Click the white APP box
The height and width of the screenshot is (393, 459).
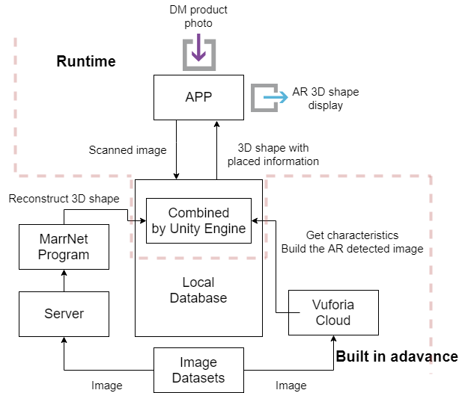click(x=198, y=97)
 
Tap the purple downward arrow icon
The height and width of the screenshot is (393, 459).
click(x=198, y=49)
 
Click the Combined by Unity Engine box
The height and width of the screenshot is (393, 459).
click(x=198, y=221)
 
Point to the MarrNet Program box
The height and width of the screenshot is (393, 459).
click(x=64, y=247)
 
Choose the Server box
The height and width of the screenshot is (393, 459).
click(x=64, y=314)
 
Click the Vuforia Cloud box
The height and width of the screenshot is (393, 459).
click(x=333, y=313)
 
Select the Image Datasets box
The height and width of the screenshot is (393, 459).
click(x=198, y=371)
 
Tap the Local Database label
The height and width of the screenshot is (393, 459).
click(x=198, y=290)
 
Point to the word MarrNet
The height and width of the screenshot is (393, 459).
click(x=64, y=240)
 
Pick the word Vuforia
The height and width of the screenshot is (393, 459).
click(x=333, y=305)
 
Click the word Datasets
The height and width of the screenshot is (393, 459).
click(x=198, y=378)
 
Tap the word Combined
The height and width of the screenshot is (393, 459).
click(x=198, y=213)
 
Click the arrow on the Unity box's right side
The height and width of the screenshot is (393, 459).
click(x=258, y=221)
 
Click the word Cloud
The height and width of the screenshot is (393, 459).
click(x=333, y=321)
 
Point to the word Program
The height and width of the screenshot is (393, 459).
click(x=64, y=255)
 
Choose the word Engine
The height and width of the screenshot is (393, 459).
click(x=226, y=229)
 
